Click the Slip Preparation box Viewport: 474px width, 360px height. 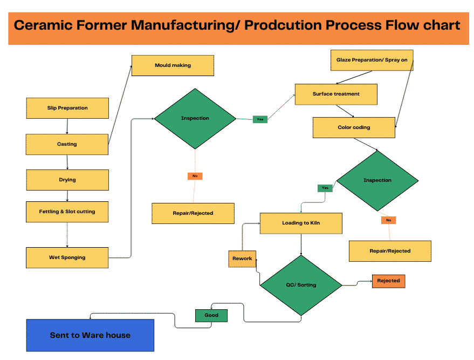click(x=67, y=108)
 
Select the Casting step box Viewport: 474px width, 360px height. click(x=67, y=144)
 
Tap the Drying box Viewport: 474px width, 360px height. click(x=67, y=180)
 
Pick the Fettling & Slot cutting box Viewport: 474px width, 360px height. click(x=67, y=212)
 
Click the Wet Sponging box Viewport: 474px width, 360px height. click(x=67, y=257)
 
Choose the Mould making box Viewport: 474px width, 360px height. click(x=173, y=65)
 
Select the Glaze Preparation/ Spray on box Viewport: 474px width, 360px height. click(x=372, y=60)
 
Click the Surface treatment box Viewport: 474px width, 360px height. click(x=335, y=94)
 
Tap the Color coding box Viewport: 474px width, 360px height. click(x=354, y=127)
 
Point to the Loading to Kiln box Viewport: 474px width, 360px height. click(x=301, y=223)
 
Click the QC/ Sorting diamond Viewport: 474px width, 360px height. click(x=301, y=284)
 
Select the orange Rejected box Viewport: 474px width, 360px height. click(x=388, y=281)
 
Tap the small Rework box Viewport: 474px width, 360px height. click(x=242, y=259)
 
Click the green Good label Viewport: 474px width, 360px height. click(x=211, y=315)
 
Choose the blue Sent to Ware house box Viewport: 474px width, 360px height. click(x=90, y=335)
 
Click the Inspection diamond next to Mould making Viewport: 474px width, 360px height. click(x=195, y=118)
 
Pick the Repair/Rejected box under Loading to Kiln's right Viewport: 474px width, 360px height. click(x=390, y=251)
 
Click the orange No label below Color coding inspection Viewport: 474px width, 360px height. click(x=388, y=220)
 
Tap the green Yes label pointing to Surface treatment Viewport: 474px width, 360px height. click(x=260, y=119)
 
